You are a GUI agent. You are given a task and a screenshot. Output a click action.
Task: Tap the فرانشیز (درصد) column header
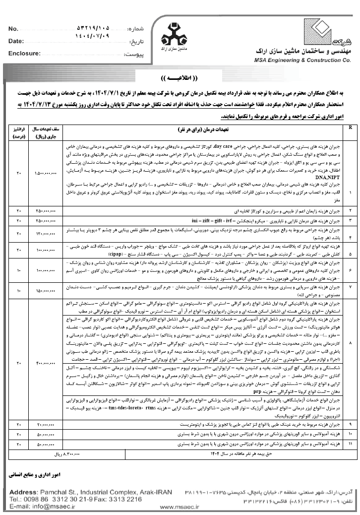coord(18,131)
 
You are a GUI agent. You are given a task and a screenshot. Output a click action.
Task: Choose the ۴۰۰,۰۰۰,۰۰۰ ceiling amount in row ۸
coord(47,363)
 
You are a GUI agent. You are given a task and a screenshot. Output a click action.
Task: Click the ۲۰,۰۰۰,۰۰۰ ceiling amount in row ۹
coord(47,425)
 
